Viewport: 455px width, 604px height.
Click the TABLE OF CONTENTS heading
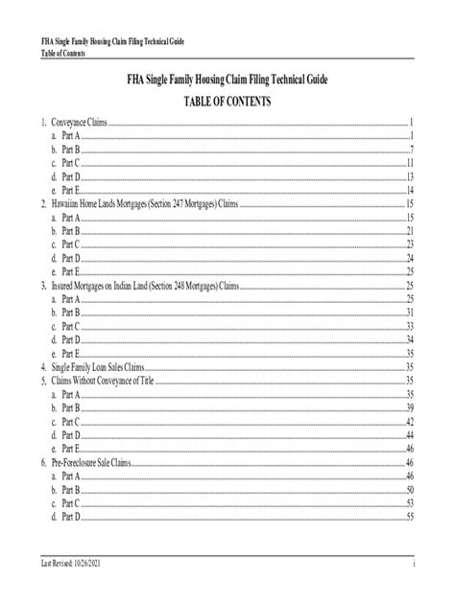coord(227,100)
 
